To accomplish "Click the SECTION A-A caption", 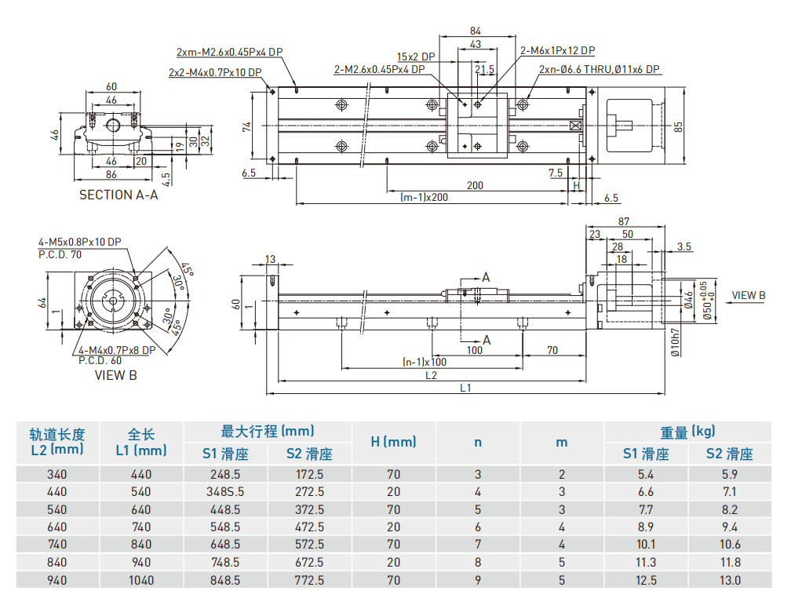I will [118, 195].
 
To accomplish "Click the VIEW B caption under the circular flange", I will [115, 375].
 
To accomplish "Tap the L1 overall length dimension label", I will [465, 388].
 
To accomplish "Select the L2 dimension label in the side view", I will [431, 375].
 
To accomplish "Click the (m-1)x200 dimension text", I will [424, 197].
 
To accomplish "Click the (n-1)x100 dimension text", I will [424, 362].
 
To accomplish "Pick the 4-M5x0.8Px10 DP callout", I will [79, 242].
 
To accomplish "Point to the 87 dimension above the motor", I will [625, 222].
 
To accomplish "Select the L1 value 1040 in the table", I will [141, 580].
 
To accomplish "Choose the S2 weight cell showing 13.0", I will [730, 580].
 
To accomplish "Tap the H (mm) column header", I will [393, 442].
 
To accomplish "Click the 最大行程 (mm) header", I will [268, 431].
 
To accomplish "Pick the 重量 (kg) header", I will [687, 431].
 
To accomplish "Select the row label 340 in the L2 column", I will [56, 474].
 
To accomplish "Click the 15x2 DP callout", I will [416, 57].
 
